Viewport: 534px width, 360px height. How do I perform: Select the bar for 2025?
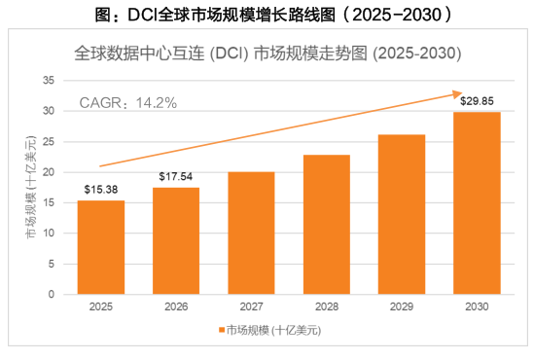pyautogui.click(x=101, y=247)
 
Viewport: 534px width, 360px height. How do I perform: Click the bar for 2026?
pyautogui.click(x=176, y=240)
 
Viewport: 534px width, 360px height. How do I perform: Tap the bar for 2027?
pyautogui.click(x=251, y=233)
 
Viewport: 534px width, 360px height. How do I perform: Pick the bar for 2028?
pyautogui.click(x=327, y=225)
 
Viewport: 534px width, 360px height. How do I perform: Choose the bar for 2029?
pyautogui.click(x=402, y=214)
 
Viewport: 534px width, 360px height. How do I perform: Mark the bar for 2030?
pyautogui.click(x=477, y=203)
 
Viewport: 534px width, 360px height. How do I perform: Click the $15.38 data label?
pyautogui.click(x=101, y=190)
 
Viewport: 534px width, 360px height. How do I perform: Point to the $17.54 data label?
pyautogui.click(x=176, y=176)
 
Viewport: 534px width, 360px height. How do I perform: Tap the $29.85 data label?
pyautogui.click(x=477, y=101)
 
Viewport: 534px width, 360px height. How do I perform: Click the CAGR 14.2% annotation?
pyautogui.click(x=128, y=103)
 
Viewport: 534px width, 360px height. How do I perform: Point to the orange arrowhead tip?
pyautogui.click(x=462, y=92)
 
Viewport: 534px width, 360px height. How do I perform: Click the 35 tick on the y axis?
pyautogui.click(x=49, y=81)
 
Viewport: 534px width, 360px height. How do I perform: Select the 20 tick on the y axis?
pyautogui.click(x=49, y=172)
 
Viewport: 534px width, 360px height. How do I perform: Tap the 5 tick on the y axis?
pyautogui.click(x=52, y=264)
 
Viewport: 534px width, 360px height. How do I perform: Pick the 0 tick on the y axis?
pyautogui.click(x=52, y=294)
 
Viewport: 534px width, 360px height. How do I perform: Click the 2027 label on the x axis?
pyautogui.click(x=251, y=306)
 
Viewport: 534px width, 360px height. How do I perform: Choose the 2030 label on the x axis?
pyautogui.click(x=477, y=306)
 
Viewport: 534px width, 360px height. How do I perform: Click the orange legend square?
pyautogui.click(x=222, y=330)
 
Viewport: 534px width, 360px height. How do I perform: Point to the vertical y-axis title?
pyautogui.click(x=31, y=187)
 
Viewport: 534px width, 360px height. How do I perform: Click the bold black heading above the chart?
pyautogui.click(x=274, y=15)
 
